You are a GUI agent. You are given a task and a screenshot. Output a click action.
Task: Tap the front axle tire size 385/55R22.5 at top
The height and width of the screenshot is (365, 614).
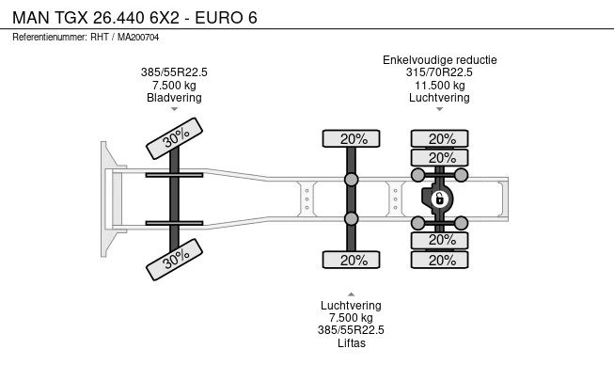174,72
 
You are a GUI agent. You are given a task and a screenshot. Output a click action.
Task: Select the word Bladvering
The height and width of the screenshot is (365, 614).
174,97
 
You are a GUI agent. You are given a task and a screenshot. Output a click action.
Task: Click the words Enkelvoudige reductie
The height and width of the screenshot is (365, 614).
439,60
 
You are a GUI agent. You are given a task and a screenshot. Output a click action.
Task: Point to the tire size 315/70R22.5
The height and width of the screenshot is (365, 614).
439,72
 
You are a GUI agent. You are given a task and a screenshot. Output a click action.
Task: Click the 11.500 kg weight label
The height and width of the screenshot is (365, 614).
439,85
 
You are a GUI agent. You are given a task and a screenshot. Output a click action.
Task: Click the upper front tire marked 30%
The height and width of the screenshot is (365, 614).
176,139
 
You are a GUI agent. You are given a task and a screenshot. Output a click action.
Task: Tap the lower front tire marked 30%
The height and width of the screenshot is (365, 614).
176,259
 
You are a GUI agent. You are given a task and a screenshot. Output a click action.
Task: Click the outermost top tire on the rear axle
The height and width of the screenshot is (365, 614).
440,139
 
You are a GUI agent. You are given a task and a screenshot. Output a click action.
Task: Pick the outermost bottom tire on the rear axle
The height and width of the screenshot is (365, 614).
440,260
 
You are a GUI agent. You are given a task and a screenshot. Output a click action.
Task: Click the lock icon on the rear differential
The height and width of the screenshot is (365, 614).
438,198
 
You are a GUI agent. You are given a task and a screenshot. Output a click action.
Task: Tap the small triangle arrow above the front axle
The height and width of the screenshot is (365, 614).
174,110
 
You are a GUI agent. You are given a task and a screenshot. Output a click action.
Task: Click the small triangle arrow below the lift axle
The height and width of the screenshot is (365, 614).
352,292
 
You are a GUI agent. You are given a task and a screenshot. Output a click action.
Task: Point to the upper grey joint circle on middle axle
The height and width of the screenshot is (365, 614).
352,179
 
